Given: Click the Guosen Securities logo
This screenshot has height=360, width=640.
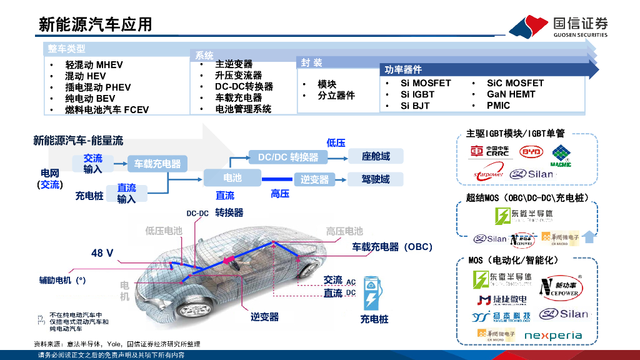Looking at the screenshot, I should tap(557, 26).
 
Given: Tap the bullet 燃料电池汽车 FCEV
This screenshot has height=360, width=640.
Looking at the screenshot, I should tap(107, 110).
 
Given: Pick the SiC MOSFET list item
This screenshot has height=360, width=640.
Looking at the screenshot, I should tap(515, 83).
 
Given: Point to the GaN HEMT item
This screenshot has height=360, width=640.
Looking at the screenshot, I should tap(511, 94).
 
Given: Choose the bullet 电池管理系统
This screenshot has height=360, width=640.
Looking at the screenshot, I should tap(243, 109).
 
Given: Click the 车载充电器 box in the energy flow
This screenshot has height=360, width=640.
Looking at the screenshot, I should tap(157, 164).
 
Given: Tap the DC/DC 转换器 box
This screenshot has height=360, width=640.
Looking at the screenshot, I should tap(288, 157).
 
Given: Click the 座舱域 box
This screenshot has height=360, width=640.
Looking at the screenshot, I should tap(376, 156).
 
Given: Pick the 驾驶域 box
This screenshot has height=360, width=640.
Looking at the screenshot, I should tap(376, 179).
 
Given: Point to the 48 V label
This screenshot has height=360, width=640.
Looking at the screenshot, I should tap(102, 253).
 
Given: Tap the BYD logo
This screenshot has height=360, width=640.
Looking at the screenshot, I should tap(532, 152).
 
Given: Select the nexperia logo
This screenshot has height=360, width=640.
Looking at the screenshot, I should tap(552, 336).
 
